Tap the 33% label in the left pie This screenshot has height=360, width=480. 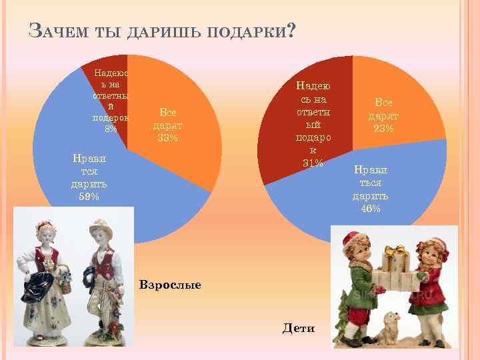click(x=167, y=138)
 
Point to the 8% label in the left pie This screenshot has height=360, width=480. click(x=111, y=129)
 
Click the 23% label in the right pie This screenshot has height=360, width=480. click(x=383, y=128)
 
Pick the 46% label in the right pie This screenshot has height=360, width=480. click(x=371, y=209)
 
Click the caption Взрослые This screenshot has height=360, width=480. click(x=170, y=285)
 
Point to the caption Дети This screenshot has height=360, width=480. click(x=299, y=328)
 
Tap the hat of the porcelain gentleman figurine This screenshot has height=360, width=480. click(x=99, y=224)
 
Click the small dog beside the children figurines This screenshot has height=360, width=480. click(x=391, y=325)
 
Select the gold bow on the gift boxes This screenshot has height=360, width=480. click(x=393, y=252)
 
